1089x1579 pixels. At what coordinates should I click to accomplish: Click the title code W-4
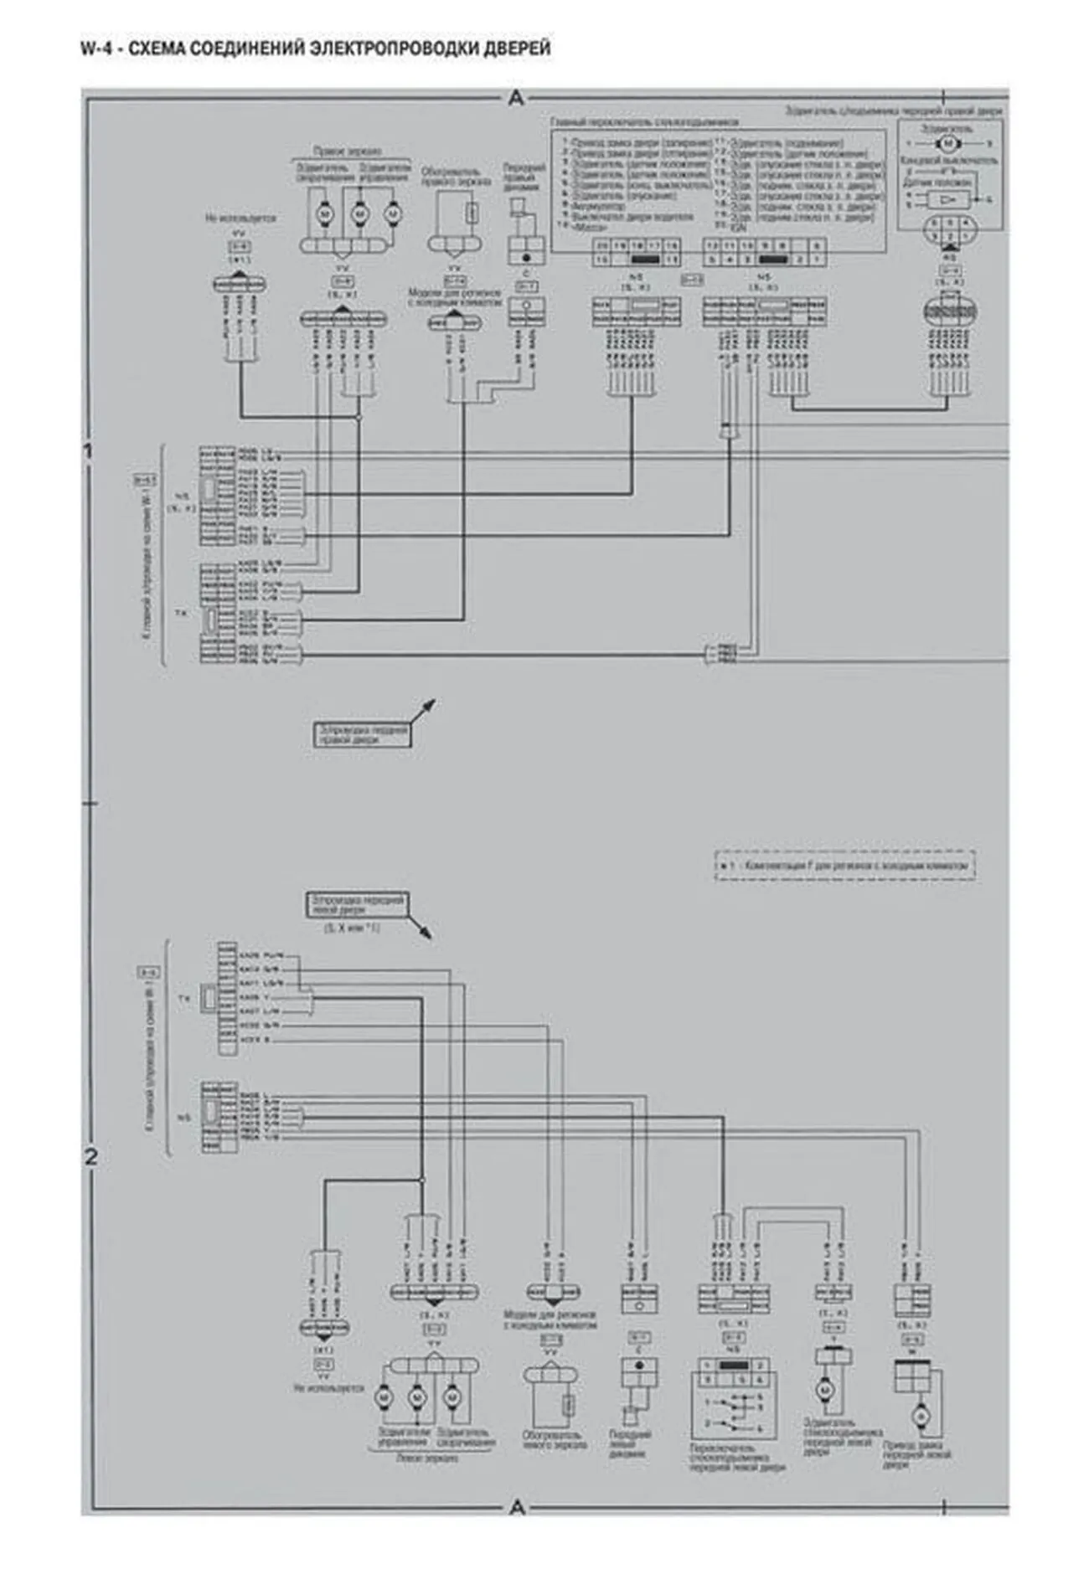[x=97, y=49]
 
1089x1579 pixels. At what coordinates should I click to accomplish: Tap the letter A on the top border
[x=516, y=99]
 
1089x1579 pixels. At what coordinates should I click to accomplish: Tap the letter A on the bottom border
[x=517, y=1507]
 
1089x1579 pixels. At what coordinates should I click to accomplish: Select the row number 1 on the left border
[x=89, y=452]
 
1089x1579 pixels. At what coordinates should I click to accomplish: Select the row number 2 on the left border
[x=90, y=1156]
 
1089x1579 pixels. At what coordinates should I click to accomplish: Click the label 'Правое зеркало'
[x=348, y=152]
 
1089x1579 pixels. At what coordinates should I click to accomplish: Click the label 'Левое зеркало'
[x=426, y=1458]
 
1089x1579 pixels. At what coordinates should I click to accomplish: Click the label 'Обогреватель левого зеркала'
[x=554, y=1439]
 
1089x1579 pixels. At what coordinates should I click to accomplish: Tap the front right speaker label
[x=524, y=177]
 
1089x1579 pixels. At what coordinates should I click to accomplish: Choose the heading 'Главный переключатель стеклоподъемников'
[x=644, y=122]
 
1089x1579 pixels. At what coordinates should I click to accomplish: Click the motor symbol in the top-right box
[x=947, y=143]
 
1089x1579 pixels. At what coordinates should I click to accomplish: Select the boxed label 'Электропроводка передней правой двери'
[x=363, y=734]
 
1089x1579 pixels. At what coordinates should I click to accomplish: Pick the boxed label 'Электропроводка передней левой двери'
[x=357, y=905]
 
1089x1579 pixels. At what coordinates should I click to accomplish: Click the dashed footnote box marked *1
[x=844, y=865]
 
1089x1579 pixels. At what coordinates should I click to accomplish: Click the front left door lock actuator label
[x=916, y=1454]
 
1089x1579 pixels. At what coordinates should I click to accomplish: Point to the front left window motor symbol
[x=823, y=1389]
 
